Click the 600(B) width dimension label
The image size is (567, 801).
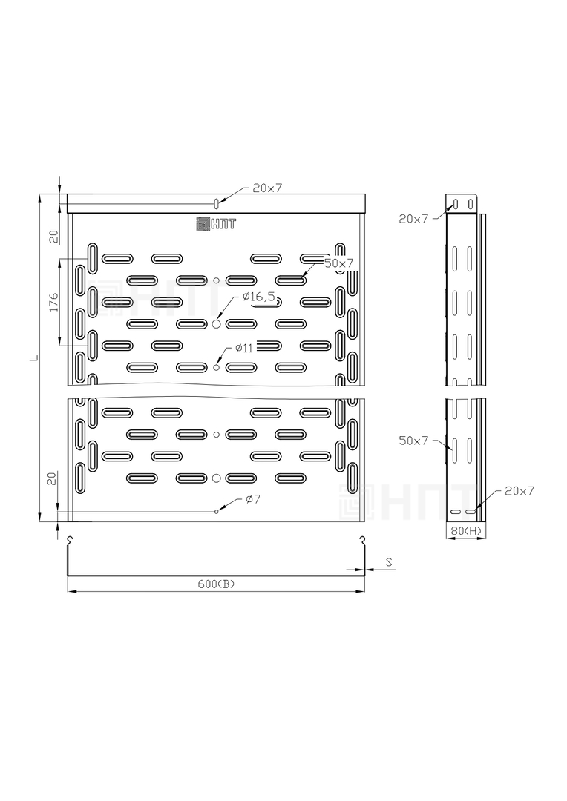tap(216, 584)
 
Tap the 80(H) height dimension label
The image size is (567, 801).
tap(466, 531)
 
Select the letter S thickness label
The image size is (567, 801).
tap(389, 562)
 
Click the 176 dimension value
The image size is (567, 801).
tap(53, 302)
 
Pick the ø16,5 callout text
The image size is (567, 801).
tap(259, 296)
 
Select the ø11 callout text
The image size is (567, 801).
tap(244, 348)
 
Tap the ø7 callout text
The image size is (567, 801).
tap(253, 498)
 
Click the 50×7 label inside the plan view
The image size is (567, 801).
tap(339, 263)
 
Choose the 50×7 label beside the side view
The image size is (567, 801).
tap(413, 441)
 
